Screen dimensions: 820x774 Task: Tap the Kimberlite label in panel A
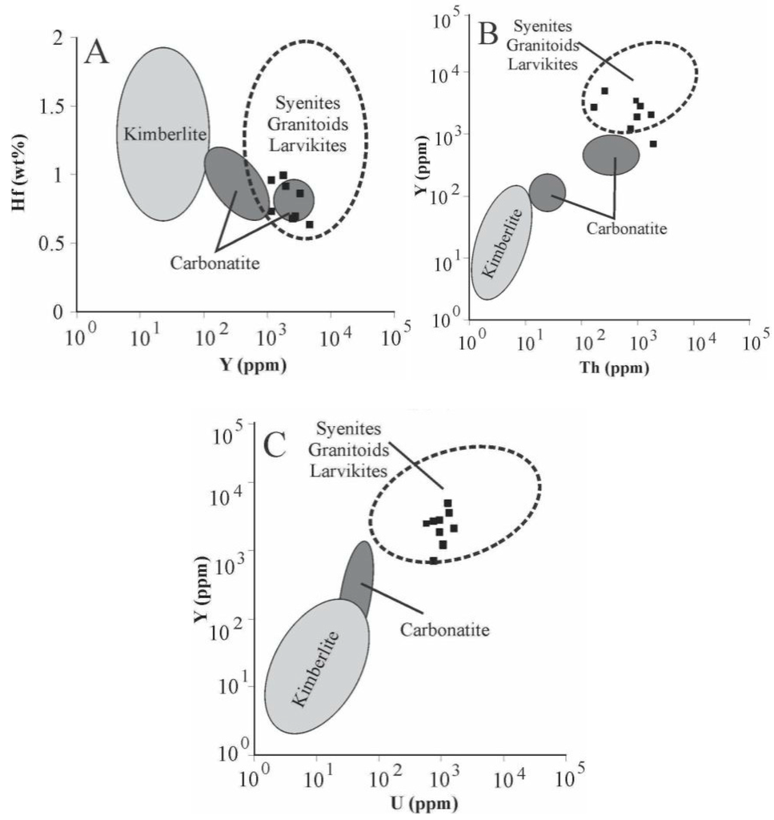pyautogui.click(x=155, y=131)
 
